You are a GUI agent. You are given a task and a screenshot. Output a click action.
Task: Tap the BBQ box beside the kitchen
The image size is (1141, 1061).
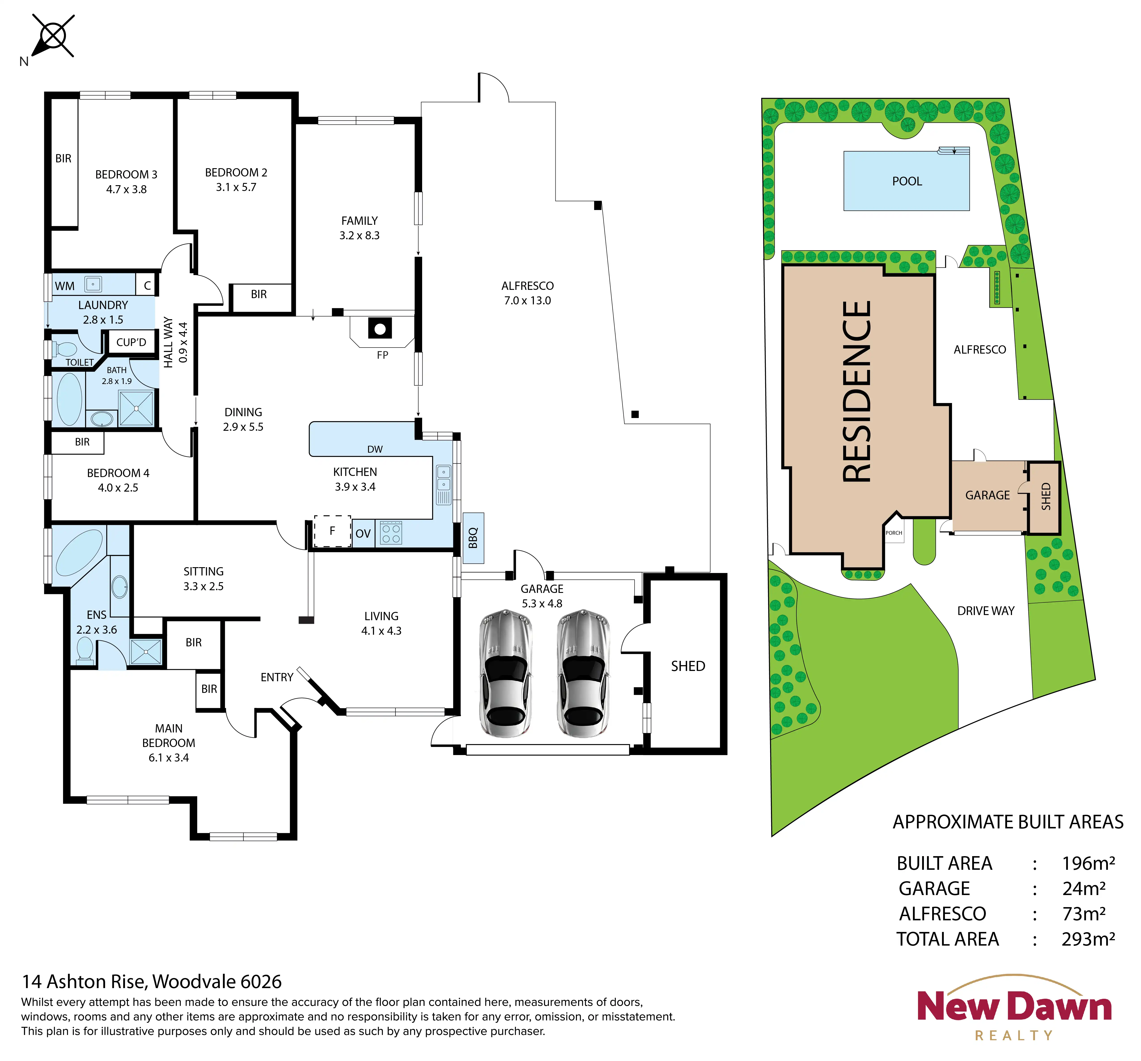474,537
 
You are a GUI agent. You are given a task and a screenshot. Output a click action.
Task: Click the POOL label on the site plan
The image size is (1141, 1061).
907,181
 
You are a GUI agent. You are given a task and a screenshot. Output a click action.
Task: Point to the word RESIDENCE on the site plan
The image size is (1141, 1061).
857,392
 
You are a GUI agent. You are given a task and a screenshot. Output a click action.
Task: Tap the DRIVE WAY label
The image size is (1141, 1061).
985,611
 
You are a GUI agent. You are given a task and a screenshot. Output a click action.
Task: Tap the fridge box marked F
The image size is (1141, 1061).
332,531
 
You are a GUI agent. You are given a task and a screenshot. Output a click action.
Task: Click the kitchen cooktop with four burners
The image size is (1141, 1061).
391,533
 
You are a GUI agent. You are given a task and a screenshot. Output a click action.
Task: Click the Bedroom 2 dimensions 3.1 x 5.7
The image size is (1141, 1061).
236,187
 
